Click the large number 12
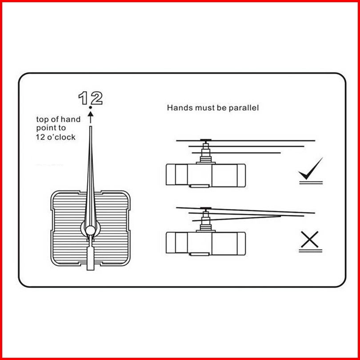(x=91, y=98)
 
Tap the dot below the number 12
(x=90, y=108)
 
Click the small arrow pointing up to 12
(x=90, y=116)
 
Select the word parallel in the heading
(x=244, y=108)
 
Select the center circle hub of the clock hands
(x=90, y=230)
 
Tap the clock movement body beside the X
(x=205, y=242)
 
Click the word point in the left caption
(x=45, y=128)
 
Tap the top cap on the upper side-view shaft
(x=206, y=141)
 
